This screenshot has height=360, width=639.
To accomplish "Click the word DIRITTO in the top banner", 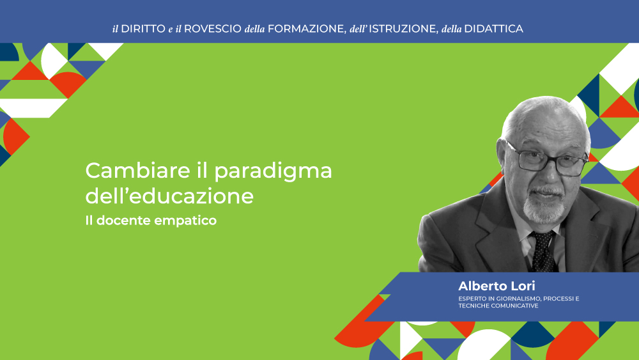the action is coord(143,29).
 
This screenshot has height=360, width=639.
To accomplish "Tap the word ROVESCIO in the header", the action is coord(213,29).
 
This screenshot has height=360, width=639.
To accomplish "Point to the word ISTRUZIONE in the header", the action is coord(403,29).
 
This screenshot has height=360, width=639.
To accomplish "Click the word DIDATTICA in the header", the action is coord(493,29).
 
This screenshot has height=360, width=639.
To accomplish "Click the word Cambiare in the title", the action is coord(138,171).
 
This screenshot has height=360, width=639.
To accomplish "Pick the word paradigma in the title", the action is coord(273,172).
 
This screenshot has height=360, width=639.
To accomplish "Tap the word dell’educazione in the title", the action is coord(169,196).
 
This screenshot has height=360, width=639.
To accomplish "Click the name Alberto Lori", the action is coord(497,286).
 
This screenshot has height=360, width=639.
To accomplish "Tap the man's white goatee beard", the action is coord(544,206).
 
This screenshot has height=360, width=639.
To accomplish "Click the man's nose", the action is coord(551,172).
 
